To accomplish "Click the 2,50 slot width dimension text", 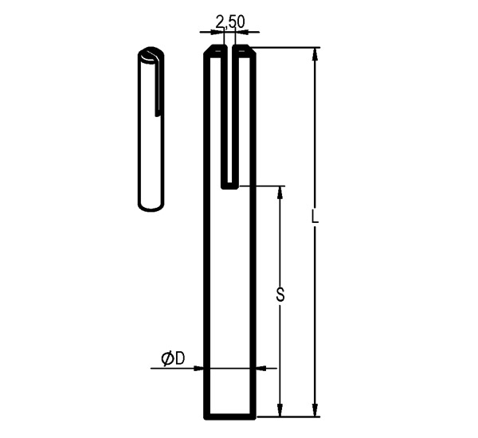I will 229,21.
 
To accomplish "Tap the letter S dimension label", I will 280,295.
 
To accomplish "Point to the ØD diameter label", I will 173,359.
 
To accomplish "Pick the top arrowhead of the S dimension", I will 280,192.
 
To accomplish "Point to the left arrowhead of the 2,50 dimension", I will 217,33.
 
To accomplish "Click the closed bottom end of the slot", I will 229,186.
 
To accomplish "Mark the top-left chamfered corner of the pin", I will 209,51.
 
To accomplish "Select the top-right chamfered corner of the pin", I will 251,51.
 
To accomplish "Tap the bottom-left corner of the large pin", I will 206,416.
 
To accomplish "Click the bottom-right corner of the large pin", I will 254,416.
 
